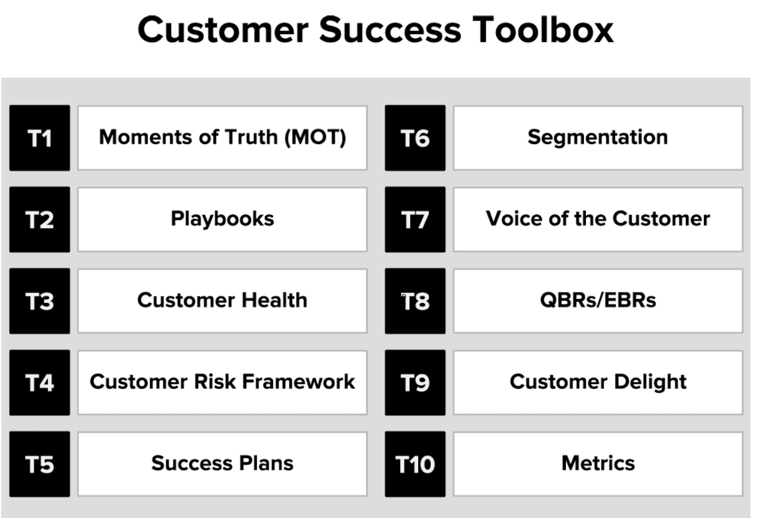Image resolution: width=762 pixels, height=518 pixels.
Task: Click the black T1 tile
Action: click(x=39, y=138)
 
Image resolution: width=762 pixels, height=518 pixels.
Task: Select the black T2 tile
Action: click(x=39, y=220)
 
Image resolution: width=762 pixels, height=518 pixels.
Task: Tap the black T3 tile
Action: click(x=39, y=301)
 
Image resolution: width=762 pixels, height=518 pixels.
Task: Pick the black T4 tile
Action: click(x=39, y=382)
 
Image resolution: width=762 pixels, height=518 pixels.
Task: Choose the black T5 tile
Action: click(x=39, y=464)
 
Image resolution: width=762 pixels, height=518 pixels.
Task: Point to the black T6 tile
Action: click(x=415, y=138)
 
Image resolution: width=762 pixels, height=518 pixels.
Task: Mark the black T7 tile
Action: click(x=415, y=220)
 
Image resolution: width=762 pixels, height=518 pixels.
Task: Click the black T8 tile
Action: click(x=415, y=301)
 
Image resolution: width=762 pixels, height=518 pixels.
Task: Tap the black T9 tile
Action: click(x=415, y=382)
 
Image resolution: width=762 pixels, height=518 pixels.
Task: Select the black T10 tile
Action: click(x=415, y=464)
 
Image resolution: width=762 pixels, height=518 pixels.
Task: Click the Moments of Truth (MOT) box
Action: click(x=222, y=138)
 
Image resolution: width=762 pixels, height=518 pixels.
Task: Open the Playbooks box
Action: click(x=222, y=220)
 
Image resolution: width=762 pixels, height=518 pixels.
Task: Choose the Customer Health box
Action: click(x=222, y=301)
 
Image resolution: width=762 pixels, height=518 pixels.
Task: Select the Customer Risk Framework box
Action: click(x=222, y=382)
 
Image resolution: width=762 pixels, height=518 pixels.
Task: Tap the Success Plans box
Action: click(x=222, y=464)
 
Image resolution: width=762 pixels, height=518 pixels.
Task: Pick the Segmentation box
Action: click(x=597, y=138)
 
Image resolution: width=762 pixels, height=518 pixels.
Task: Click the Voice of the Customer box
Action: click(x=597, y=220)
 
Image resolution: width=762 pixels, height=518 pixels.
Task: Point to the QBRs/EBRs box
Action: click(x=597, y=301)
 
